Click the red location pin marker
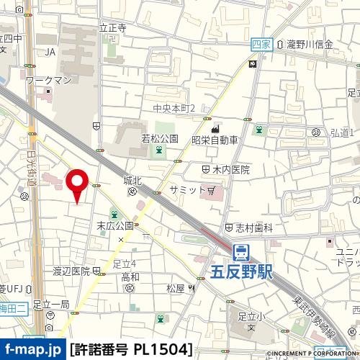point(78,184)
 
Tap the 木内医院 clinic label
point(230,170)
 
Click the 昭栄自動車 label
point(215,140)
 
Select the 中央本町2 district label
point(174,108)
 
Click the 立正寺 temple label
point(113,28)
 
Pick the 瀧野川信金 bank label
point(310,45)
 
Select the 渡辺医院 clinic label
point(71,271)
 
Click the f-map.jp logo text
point(32,350)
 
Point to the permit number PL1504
point(132,350)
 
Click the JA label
point(50,52)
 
